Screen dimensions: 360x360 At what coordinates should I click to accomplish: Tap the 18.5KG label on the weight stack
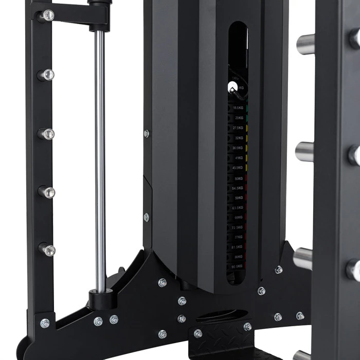point(238,108)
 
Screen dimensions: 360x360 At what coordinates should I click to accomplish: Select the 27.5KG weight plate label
point(238,128)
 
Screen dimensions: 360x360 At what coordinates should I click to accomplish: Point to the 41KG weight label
point(239,158)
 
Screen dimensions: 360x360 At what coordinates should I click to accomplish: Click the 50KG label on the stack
point(238,178)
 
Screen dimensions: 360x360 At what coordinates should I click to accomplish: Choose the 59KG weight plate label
point(238,198)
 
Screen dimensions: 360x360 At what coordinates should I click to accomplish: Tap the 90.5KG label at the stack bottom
point(238,266)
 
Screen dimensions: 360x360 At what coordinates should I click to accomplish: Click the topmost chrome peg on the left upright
point(47,15)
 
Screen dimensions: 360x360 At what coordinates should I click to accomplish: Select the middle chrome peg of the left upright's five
point(47,134)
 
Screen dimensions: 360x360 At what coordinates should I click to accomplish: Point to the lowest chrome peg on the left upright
point(47,250)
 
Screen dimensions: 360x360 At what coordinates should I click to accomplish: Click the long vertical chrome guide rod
point(100,154)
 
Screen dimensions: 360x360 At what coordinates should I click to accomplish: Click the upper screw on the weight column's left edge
point(147,134)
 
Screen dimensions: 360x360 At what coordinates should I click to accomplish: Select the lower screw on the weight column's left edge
point(147,217)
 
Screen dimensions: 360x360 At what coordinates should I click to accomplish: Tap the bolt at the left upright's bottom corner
point(45,323)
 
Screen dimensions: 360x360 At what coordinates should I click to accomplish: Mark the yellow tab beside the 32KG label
point(247,138)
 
